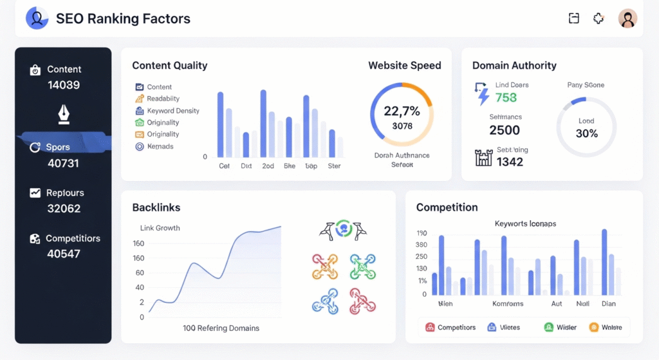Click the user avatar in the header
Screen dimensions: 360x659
click(627, 19)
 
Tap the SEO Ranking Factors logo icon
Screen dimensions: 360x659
click(37, 19)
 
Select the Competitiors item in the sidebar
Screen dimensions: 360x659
click(72, 238)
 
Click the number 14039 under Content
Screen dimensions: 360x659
click(64, 85)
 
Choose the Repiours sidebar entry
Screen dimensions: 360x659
click(64, 193)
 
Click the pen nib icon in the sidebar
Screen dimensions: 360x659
click(64, 115)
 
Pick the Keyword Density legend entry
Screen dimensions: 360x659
click(172, 111)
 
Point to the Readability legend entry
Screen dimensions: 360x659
click(163, 99)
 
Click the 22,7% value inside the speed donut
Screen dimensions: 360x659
click(402, 111)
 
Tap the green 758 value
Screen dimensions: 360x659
click(506, 98)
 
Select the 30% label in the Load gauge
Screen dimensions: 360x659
click(586, 133)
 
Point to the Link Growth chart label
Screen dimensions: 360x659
click(160, 228)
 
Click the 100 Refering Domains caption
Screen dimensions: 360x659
click(221, 328)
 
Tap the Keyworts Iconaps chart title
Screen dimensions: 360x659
click(525, 223)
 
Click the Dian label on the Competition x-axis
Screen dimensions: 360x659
click(608, 303)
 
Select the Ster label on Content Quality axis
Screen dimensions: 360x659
click(334, 166)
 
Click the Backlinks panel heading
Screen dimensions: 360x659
click(156, 207)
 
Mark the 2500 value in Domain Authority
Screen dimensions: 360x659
click(505, 130)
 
